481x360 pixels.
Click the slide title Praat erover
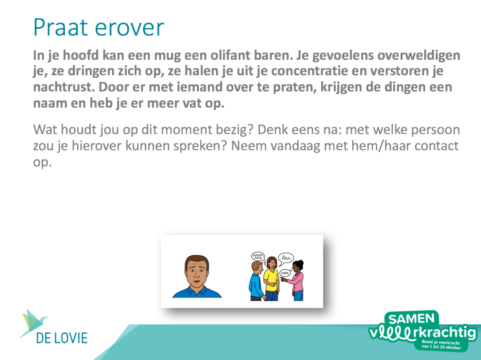99,28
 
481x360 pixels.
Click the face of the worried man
197,272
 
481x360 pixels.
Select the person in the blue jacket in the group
256,282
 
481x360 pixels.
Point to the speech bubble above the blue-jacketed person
258,256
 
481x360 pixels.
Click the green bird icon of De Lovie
32,322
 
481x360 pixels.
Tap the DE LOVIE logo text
62,338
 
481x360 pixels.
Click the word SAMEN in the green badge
411,319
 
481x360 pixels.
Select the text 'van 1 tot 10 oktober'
441,347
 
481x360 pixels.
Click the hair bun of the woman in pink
301,263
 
